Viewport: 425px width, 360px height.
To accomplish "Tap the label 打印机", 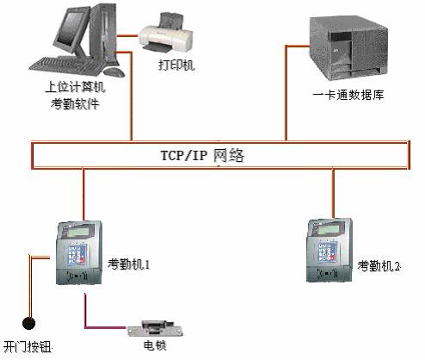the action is [x=176, y=65].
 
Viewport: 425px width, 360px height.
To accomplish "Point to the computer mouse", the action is [x=114, y=71].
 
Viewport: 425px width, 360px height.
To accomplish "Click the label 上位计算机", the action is [x=75, y=87].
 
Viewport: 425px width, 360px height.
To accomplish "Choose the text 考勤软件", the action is [x=75, y=103].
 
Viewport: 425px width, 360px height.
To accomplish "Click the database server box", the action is [x=348, y=49].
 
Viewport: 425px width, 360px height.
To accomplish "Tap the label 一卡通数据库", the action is [x=348, y=95].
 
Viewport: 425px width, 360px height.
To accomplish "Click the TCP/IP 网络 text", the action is [x=202, y=156].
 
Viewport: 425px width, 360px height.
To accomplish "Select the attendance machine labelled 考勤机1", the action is [x=79, y=252].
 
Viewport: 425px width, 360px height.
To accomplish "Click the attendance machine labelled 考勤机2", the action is [x=330, y=251].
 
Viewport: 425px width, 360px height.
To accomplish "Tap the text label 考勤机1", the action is [x=129, y=264].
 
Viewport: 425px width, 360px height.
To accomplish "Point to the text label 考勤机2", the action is [x=379, y=266].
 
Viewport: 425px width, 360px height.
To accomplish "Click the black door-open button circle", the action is [x=28, y=324].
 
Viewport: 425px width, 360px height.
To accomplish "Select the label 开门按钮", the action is [x=28, y=347].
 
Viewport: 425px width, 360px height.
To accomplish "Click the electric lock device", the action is [x=155, y=329].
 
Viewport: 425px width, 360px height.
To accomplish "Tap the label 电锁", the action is [x=155, y=345].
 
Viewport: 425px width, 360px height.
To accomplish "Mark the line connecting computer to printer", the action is [x=127, y=36].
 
